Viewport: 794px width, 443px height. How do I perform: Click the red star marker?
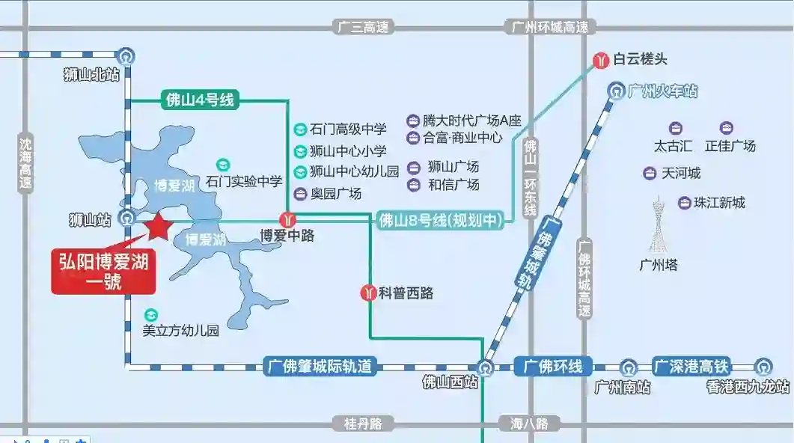158,226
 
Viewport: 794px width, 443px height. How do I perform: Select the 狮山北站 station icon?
126,56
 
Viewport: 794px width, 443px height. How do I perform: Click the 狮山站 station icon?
126,219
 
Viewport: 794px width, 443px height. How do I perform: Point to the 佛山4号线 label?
200,100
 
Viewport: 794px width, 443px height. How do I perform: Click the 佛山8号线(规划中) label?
441,221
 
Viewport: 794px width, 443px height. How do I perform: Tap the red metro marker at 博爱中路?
287,220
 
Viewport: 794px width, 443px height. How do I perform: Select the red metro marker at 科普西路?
368,293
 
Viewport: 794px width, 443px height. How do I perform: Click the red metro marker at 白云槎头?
601,61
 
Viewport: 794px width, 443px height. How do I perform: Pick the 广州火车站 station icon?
616,91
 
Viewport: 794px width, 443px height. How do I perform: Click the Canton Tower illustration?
659,224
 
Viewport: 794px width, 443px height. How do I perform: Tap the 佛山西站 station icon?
485,367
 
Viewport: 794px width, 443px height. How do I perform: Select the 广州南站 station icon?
629,367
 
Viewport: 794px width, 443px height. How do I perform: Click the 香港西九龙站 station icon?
763,367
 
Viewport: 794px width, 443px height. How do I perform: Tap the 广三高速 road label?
363,27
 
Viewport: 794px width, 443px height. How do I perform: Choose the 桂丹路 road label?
363,424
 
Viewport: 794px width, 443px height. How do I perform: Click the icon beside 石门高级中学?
300,129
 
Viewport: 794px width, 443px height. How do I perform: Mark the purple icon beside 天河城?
650,174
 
